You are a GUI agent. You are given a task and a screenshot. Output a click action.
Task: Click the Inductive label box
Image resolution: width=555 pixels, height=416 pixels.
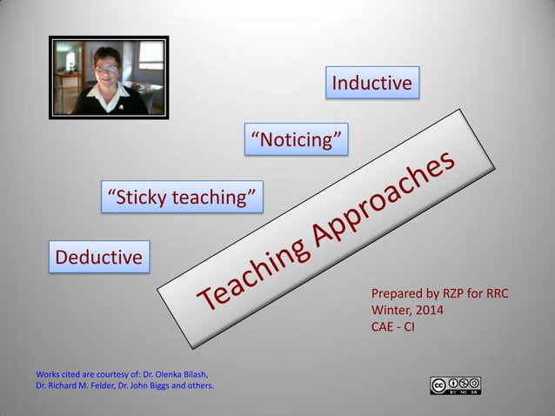click(x=371, y=84)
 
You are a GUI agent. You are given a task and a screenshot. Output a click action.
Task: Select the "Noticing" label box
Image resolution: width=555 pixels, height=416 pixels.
click(x=297, y=139)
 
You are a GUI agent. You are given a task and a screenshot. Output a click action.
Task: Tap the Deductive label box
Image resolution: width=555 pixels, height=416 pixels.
click(x=98, y=258)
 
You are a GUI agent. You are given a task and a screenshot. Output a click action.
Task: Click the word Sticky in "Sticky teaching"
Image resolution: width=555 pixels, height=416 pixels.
click(x=136, y=198)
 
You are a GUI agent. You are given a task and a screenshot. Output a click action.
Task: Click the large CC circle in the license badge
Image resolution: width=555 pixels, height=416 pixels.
click(x=438, y=385)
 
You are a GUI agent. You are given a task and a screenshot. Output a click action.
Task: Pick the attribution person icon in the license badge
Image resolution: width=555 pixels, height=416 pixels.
click(x=452, y=383)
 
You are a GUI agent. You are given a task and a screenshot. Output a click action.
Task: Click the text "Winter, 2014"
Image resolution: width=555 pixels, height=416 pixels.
click(x=407, y=311)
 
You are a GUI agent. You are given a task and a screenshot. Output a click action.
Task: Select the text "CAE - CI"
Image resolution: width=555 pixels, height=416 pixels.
click(x=393, y=327)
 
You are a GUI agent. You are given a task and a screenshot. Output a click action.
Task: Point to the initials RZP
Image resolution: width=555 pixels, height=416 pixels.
click(x=445, y=294)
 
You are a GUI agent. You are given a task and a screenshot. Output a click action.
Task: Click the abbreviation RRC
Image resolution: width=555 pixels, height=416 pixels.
click(x=492, y=294)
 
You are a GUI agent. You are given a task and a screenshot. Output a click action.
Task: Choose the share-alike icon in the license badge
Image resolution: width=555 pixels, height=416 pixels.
click(x=473, y=383)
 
